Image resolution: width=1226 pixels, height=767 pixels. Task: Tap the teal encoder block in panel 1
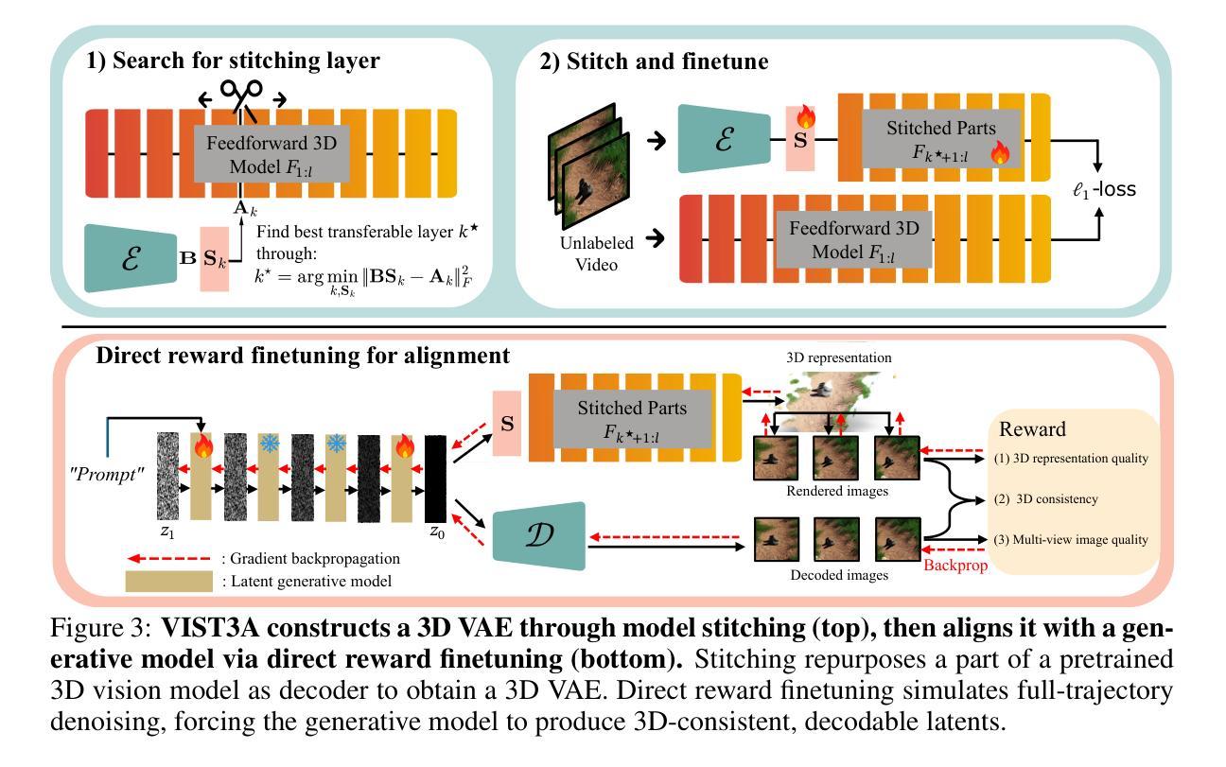[130, 257]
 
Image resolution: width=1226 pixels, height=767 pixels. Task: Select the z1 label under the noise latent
[167, 532]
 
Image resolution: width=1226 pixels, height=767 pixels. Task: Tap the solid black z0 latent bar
[437, 477]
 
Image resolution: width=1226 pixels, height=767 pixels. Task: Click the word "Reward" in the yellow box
[1032, 429]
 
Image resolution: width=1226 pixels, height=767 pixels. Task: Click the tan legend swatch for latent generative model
[169, 581]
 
